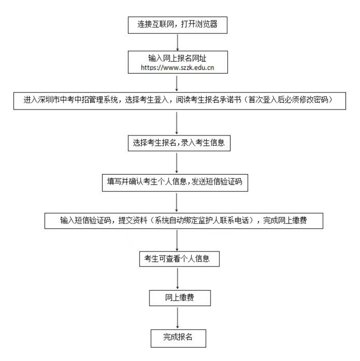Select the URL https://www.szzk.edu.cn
pos(178,66)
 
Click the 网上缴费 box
pos(178,298)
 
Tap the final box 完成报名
pos(178,337)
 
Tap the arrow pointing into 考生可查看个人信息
pos(178,240)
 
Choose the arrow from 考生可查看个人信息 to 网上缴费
pos(178,279)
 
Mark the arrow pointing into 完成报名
pos(178,317)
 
